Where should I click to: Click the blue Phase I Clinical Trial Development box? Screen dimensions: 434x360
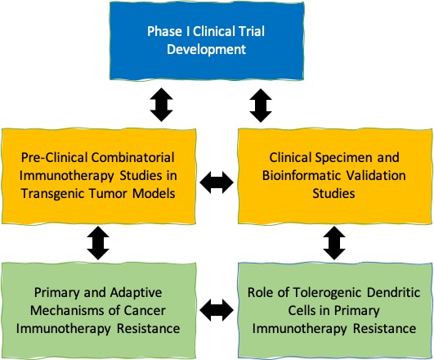[207, 41]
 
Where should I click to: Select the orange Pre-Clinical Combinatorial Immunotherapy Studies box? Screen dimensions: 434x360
[99, 176]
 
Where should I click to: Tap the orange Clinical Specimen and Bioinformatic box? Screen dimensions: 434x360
[335, 176]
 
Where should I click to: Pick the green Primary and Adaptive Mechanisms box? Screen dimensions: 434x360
[99, 311]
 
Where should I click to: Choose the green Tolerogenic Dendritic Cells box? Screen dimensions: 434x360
[335, 311]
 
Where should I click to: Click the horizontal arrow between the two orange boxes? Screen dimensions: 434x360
[217, 182]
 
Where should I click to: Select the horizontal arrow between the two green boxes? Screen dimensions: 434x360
[217, 310]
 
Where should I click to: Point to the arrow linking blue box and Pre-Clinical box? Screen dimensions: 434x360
[162, 105]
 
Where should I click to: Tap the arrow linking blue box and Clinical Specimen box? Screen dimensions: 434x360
[261, 106]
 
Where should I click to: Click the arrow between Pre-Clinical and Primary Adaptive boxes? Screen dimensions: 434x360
[98, 243]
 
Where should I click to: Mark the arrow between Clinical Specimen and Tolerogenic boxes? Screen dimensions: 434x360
[334, 243]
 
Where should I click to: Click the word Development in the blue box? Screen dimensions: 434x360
[207, 50]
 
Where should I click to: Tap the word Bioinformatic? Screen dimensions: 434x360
[302, 176]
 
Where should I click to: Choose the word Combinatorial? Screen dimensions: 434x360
[133, 157]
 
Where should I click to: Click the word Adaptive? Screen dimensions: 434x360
[136, 293]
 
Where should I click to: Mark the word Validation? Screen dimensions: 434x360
[376, 176]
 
